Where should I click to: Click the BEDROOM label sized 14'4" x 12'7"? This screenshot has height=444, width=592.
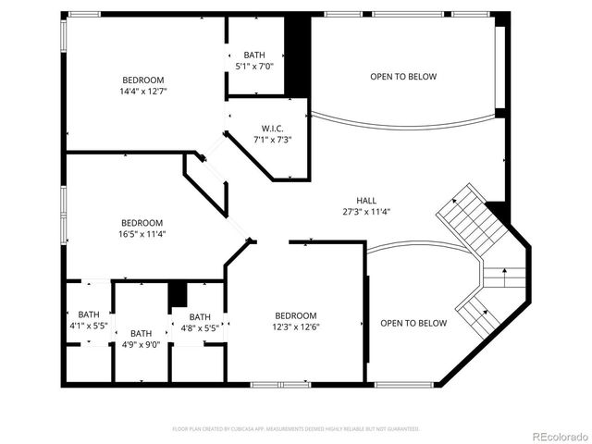tap(142, 80)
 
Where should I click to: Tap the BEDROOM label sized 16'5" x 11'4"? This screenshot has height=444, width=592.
tap(142, 222)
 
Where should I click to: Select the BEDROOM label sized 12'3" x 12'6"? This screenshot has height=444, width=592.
tap(295, 315)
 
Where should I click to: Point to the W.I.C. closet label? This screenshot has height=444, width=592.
tap(272, 128)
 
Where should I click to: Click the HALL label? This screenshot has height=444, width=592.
tap(366, 200)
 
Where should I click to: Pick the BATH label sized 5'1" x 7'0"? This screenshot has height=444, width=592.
tap(254, 55)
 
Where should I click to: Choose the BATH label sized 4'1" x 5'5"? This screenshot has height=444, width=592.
tap(89, 314)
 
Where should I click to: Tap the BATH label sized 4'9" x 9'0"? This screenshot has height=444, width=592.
tap(141, 333)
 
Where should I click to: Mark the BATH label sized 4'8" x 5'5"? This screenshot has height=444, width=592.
tap(200, 316)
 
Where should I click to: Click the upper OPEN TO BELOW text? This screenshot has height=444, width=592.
tap(403, 77)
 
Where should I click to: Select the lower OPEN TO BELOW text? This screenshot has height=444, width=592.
tap(413, 323)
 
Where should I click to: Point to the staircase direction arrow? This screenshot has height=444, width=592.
tap(504, 273)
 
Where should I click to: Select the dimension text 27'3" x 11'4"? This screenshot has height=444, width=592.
tap(366, 212)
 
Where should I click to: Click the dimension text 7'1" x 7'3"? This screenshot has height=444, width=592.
tap(272, 140)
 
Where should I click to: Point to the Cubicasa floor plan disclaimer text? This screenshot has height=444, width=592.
tap(296, 429)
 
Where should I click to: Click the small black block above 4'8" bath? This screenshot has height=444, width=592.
tap(178, 295)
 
